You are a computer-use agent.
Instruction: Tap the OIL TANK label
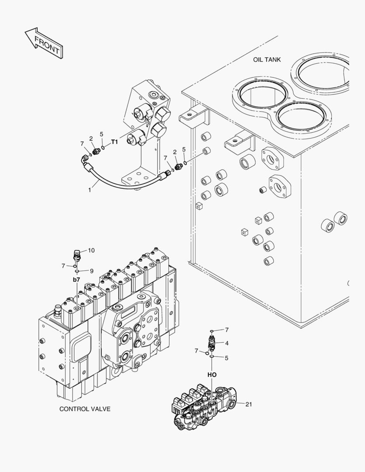[267, 59]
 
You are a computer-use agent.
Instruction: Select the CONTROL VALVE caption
[85, 409]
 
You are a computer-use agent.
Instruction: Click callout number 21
[248, 404]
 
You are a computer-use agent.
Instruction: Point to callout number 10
[91, 250]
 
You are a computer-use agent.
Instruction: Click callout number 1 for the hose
[90, 190]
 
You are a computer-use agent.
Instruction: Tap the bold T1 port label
[114, 142]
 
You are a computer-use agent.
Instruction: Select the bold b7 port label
[76, 279]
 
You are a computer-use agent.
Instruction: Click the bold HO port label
[212, 375]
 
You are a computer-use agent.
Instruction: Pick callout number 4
[227, 343]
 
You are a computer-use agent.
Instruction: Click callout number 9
[92, 271]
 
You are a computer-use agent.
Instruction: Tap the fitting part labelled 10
[77, 255]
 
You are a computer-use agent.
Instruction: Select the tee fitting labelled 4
[212, 343]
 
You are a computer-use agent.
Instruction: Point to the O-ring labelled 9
[76, 271]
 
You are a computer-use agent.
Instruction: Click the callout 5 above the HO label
[226, 358]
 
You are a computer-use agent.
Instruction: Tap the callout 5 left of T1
[101, 134]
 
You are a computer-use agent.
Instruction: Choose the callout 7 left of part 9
[63, 265]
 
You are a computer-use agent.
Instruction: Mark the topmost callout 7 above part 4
[227, 330]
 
